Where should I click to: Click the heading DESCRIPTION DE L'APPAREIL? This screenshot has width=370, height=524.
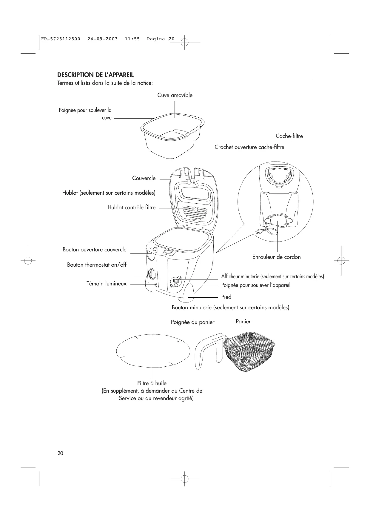[95, 75]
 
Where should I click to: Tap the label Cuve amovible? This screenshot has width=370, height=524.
[175, 95]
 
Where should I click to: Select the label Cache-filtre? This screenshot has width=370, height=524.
[289, 136]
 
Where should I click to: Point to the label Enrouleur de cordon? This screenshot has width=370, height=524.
[276, 257]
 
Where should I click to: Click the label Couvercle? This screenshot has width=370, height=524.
[144, 178]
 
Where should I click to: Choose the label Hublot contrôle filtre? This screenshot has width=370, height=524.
[131, 207]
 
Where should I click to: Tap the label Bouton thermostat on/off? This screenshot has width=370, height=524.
[97, 265]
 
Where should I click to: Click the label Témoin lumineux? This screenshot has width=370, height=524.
[107, 284]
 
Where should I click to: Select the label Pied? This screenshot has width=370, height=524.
[226, 297]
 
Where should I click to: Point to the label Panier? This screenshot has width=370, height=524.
[243, 322]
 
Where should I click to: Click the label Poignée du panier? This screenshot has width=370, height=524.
[192, 322]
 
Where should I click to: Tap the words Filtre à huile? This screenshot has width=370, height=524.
[152, 383]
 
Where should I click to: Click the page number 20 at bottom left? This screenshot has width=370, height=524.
[60, 453]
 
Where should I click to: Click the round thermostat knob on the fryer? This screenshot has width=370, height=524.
[152, 273]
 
